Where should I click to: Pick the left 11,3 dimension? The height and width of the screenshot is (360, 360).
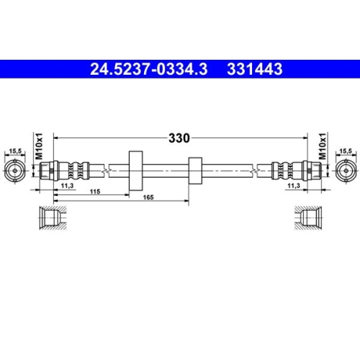[x=67, y=186]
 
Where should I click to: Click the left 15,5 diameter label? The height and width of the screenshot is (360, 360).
[x=14, y=151]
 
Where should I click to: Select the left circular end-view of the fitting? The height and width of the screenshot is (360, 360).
[x=14, y=171]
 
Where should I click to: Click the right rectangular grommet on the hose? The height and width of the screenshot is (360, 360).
[x=192, y=171]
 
